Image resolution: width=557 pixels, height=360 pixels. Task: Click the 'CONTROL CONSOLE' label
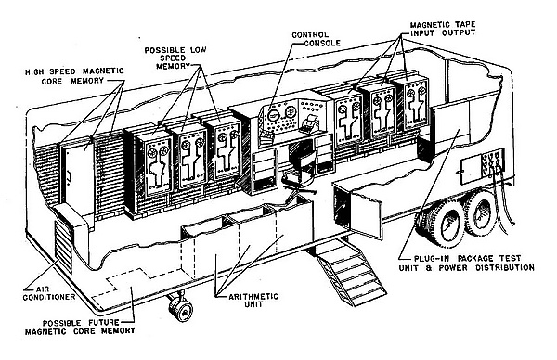tap(316, 39)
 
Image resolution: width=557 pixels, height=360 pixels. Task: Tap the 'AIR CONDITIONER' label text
tap(49, 293)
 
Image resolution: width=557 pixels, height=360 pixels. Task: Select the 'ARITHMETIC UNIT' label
tap(253, 300)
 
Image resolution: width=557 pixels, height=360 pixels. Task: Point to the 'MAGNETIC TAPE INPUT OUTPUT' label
tap(443, 29)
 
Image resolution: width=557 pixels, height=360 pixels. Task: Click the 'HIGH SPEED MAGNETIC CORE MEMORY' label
tap(74, 76)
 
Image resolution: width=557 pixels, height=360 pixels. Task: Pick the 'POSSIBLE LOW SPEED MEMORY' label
tap(175, 58)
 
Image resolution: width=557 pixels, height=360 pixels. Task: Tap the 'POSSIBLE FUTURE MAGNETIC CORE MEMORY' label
tap(80, 327)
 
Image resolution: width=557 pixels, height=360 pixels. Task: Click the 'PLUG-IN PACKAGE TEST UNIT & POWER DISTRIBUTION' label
tap(466, 263)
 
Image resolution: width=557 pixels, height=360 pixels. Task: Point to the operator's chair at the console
tap(300, 169)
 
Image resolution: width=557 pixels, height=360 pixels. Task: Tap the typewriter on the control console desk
tap(310, 123)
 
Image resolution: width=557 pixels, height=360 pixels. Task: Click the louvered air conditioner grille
tap(63, 247)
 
